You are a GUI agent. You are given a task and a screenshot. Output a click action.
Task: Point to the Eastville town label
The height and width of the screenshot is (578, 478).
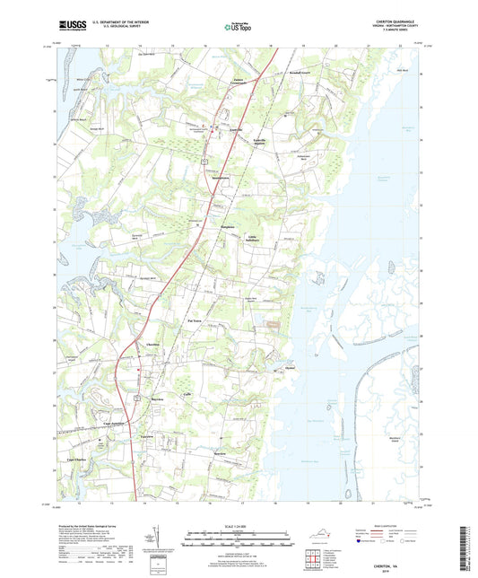(238, 129)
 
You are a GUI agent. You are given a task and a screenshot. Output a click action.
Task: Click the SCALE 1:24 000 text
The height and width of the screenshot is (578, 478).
(239, 525)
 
